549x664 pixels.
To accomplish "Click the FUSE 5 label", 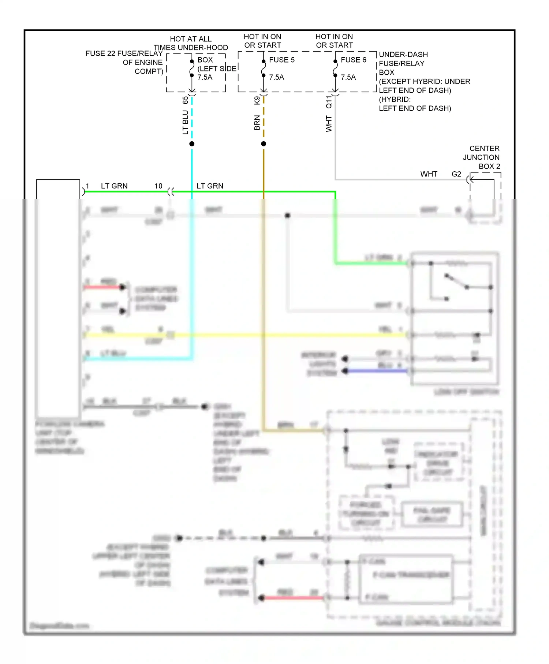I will [x=281, y=60].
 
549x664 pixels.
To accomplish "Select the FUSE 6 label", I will [x=353, y=60].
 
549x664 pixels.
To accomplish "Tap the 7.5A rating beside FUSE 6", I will [x=348, y=77].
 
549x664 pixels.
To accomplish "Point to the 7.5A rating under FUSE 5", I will [x=276, y=77].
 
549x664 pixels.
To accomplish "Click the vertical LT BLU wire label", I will [x=186, y=122].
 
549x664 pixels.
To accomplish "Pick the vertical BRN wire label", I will [x=257, y=123].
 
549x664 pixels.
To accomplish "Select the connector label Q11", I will [x=329, y=102].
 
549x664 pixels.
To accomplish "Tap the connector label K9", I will [x=257, y=101].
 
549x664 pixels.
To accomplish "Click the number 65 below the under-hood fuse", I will [x=186, y=100].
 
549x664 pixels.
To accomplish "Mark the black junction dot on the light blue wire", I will [x=192, y=144].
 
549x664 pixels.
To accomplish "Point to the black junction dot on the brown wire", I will [x=264, y=144].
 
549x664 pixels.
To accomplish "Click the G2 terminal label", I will [x=456, y=174].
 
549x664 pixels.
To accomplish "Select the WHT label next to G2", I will [x=429, y=174].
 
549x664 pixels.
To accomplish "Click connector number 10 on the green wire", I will [x=158, y=186].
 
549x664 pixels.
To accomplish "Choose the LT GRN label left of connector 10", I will [x=114, y=186].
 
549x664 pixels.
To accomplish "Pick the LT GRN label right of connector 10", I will [x=210, y=186].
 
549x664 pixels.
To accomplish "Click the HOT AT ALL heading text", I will [x=191, y=39].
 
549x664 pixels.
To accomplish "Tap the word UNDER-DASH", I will [x=403, y=55].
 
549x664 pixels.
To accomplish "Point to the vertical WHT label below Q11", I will [x=329, y=124].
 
